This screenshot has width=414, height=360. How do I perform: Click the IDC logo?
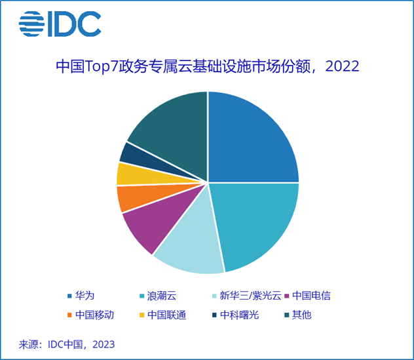60,24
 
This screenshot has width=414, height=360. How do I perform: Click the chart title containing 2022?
208,68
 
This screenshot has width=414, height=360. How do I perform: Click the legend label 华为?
85,295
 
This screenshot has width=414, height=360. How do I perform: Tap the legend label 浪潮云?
162,295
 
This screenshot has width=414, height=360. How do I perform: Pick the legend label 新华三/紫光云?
250,295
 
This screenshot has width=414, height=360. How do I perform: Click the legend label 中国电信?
316,295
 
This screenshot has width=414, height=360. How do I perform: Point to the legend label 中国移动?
94,314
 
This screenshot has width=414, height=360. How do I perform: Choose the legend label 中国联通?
166,314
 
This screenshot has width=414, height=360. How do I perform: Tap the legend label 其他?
302,314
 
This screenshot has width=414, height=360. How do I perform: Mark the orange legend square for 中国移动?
69,315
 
